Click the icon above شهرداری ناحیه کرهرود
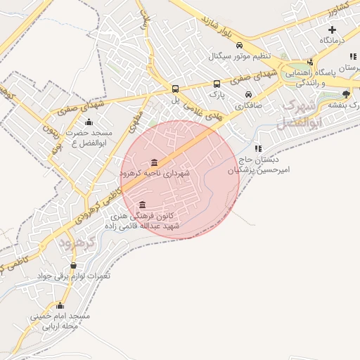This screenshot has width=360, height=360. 154,162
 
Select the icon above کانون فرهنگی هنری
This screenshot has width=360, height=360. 143,204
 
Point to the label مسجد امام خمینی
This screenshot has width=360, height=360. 60,316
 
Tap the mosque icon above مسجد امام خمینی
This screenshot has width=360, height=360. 60,305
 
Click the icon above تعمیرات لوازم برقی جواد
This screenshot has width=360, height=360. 72,265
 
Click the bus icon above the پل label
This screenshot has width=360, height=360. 175,89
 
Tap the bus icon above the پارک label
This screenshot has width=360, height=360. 217,82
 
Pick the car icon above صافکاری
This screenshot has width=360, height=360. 248,94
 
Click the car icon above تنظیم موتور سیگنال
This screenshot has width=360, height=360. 240,44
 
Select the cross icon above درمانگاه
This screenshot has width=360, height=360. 332,30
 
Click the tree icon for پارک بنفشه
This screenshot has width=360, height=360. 345,94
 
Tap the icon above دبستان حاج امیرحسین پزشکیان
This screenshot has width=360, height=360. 259,149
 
